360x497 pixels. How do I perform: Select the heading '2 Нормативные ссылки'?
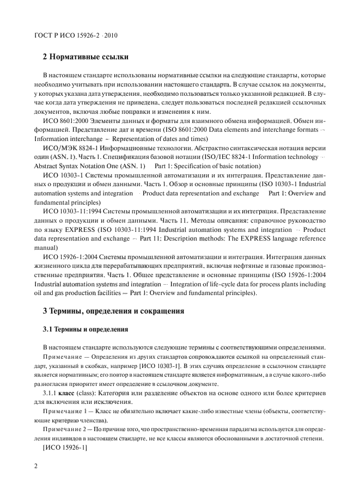(x=85, y=56)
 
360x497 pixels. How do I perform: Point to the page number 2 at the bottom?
(x=35, y=466)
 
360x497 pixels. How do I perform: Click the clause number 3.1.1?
(x=52, y=390)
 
